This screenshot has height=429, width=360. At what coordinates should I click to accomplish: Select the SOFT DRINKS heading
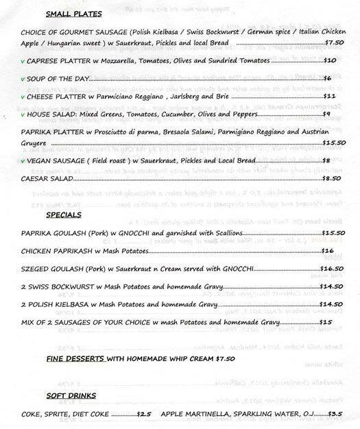click(x=71, y=395)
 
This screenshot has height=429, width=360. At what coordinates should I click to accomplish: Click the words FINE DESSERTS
click(x=75, y=358)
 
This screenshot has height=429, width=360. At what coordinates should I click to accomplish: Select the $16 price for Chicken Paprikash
click(x=328, y=251)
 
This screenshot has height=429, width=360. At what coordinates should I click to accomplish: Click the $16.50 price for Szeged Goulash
click(x=331, y=269)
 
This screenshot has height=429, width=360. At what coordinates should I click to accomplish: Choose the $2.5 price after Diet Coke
click(x=143, y=413)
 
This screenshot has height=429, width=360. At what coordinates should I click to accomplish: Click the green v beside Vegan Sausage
click(x=22, y=160)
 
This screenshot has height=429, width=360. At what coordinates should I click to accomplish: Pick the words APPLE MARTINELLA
click(x=193, y=413)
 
